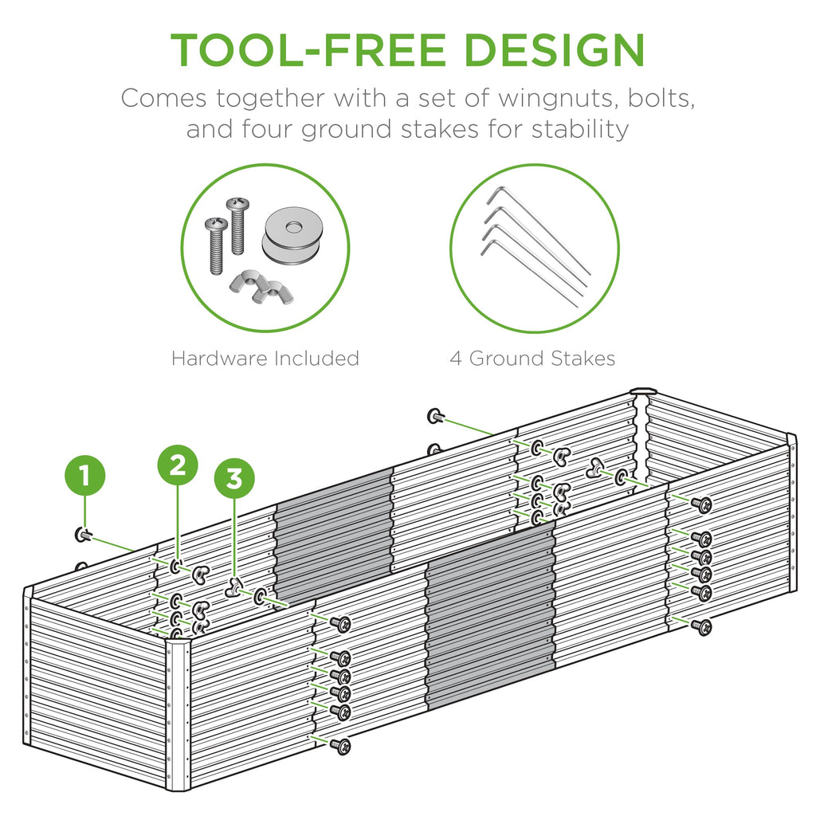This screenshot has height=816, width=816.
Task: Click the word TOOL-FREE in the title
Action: (310, 49)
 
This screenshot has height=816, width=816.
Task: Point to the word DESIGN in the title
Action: (555, 49)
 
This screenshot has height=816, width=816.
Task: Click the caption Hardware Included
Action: (265, 359)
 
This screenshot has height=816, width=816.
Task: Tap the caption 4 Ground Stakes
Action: (532, 359)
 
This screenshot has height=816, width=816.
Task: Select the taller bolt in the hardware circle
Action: (237, 226)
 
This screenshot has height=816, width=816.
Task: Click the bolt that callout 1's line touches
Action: (82, 535)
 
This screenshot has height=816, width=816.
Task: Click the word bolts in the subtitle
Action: (652, 100)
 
